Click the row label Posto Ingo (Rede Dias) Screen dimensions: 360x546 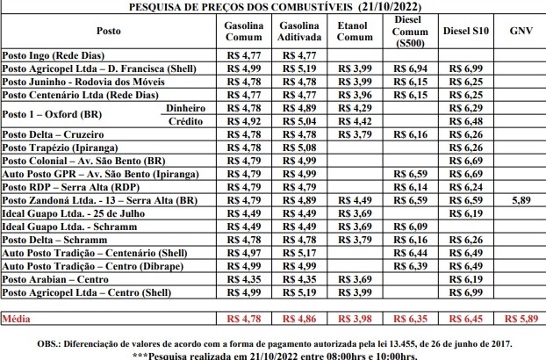54,54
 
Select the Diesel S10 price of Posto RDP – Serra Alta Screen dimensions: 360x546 465,187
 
